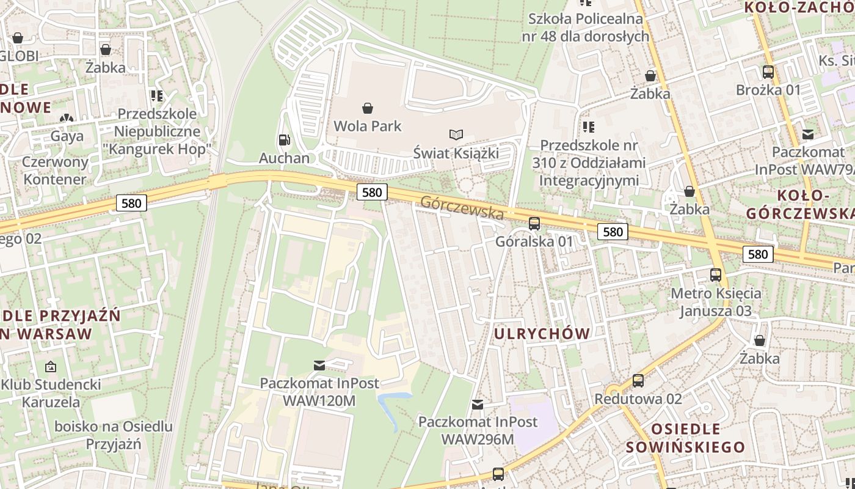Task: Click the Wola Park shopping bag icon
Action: (x=368, y=108)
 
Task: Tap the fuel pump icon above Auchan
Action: (x=284, y=140)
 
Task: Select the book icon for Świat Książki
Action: (x=456, y=134)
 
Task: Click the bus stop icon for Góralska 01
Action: (x=534, y=223)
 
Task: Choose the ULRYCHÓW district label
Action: (x=542, y=334)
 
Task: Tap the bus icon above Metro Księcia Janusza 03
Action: (x=716, y=275)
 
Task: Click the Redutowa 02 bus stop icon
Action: (x=638, y=380)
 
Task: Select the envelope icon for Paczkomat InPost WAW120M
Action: (x=319, y=366)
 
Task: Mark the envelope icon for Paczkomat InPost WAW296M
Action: (x=478, y=404)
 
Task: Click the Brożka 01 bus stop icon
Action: (x=768, y=72)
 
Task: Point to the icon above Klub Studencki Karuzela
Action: (x=51, y=367)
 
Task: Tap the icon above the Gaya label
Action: (x=67, y=117)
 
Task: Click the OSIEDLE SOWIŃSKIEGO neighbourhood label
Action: (x=685, y=438)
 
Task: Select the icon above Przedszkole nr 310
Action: (x=589, y=127)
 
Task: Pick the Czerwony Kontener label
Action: (x=55, y=171)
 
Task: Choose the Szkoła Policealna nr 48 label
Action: (x=585, y=28)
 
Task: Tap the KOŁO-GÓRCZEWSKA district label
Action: (x=800, y=204)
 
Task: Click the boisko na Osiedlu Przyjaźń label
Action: (x=114, y=435)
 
